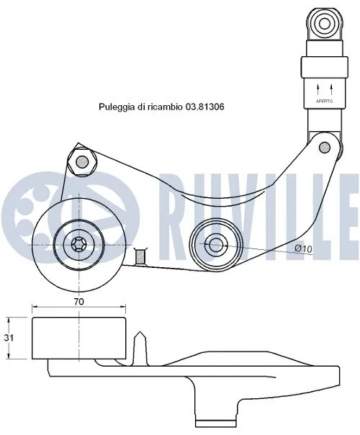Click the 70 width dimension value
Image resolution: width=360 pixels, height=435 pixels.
[x=79, y=302]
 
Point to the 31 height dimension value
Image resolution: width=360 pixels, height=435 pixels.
[x=9, y=336]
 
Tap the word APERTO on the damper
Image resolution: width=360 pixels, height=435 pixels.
[x=323, y=102]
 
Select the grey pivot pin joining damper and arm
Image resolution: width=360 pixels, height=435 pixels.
[x=325, y=148]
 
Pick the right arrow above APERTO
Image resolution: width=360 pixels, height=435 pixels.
[x=330, y=89]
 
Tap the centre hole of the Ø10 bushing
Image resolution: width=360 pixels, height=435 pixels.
[x=215, y=245]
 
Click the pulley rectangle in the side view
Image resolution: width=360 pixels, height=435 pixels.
[x=79, y=336]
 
